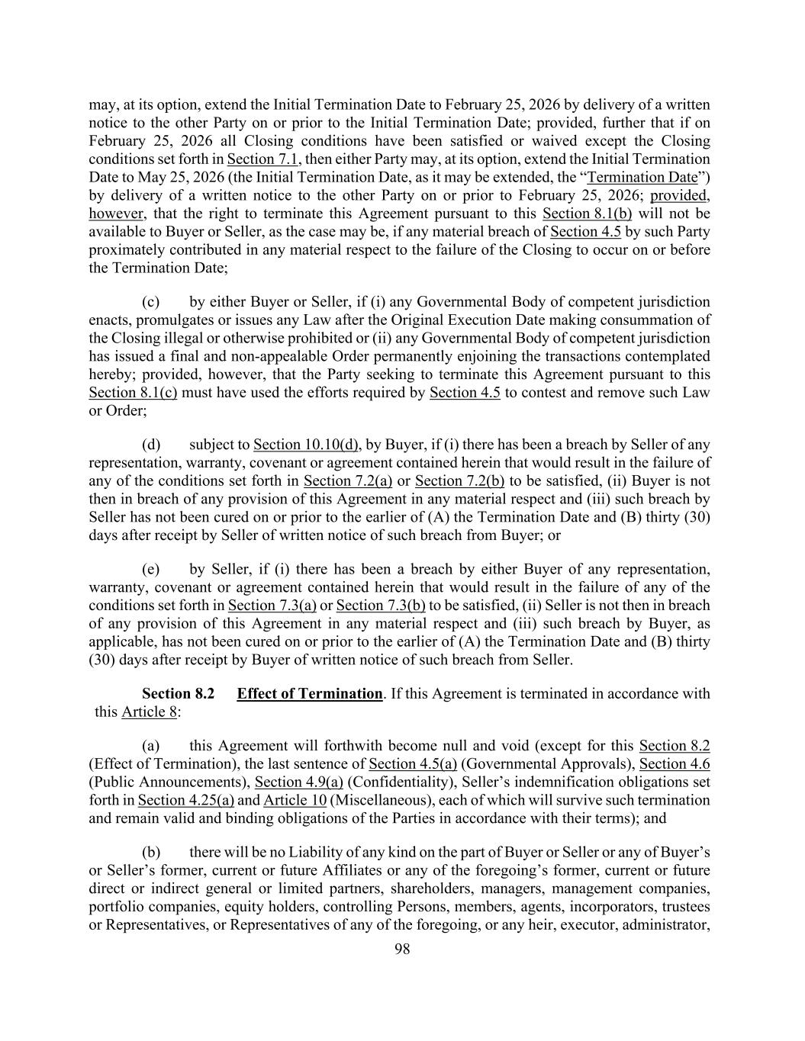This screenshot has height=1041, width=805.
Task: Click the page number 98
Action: [x=402, y=949]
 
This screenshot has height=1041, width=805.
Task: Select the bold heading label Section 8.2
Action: [x=178, y=693]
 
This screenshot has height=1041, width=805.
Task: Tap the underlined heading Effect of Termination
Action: [x=309, y=693]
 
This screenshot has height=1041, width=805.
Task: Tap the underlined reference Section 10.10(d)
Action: [x=307, y=444]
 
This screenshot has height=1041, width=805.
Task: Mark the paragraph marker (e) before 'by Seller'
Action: [x=150, y=569]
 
